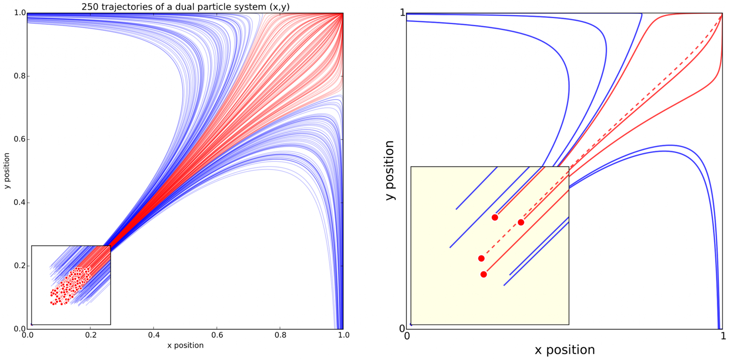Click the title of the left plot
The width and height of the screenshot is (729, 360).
click(x=185, y=6)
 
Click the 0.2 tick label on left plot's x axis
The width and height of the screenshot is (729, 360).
click(x=90, y=335)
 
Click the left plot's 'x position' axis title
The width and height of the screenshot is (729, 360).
click(x=185, y=345)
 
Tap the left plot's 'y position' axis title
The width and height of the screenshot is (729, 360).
click(x=7, y=171)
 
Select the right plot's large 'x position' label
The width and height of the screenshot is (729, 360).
click(x=565, y=350)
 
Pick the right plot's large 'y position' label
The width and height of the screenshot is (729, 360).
click(x=390, y=170)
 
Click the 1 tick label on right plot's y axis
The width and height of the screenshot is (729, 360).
click(x=403, y=13)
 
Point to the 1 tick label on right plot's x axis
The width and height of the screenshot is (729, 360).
click(x=723, y=336)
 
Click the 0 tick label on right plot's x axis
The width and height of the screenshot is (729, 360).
click(x=407, y=336)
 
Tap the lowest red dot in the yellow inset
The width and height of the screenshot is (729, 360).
click(x=483, y=274)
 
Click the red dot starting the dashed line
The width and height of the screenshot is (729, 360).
click(x=481, y=259)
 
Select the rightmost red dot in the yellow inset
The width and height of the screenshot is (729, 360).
click(x=521, y=222)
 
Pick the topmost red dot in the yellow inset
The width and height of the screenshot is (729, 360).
click(x=495, y=218)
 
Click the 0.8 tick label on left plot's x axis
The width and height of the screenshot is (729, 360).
click(x=280, y=335)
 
